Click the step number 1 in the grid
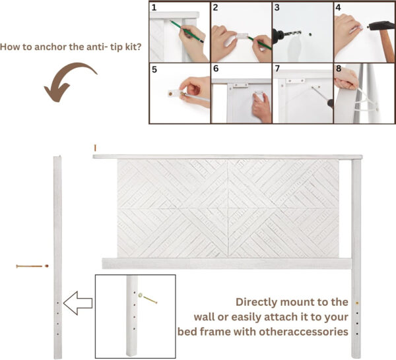(x=154, y=7)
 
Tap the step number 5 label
(x=154, y=69)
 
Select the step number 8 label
(x=339, y=69)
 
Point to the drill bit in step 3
(x=294, y=34)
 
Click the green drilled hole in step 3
(x=310, y=34)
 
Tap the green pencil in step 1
(x=186, y=31)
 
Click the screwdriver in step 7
(x=323, y=97)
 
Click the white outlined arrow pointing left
(x=78, y=303)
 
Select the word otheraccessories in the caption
(x=304, y=332)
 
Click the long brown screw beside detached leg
(x=29, y=266)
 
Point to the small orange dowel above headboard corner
(x=95, y=148)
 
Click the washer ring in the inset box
(x=140, y=295)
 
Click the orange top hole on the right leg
(x=357, y=303)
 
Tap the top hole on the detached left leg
(x=57, y=303)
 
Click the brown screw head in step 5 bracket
(x=170, y=94)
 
